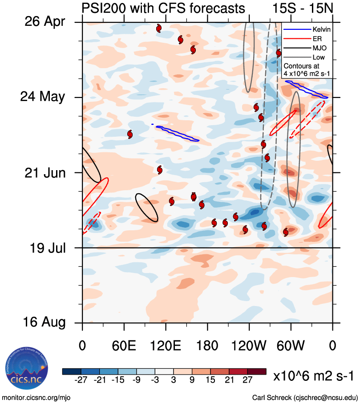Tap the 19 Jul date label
click(46, 247)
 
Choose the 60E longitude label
click(123, 346)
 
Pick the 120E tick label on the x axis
click(166, 346)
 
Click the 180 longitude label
click(207, 346)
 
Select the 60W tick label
click(291, 346)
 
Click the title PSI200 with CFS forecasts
click(163, 8)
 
